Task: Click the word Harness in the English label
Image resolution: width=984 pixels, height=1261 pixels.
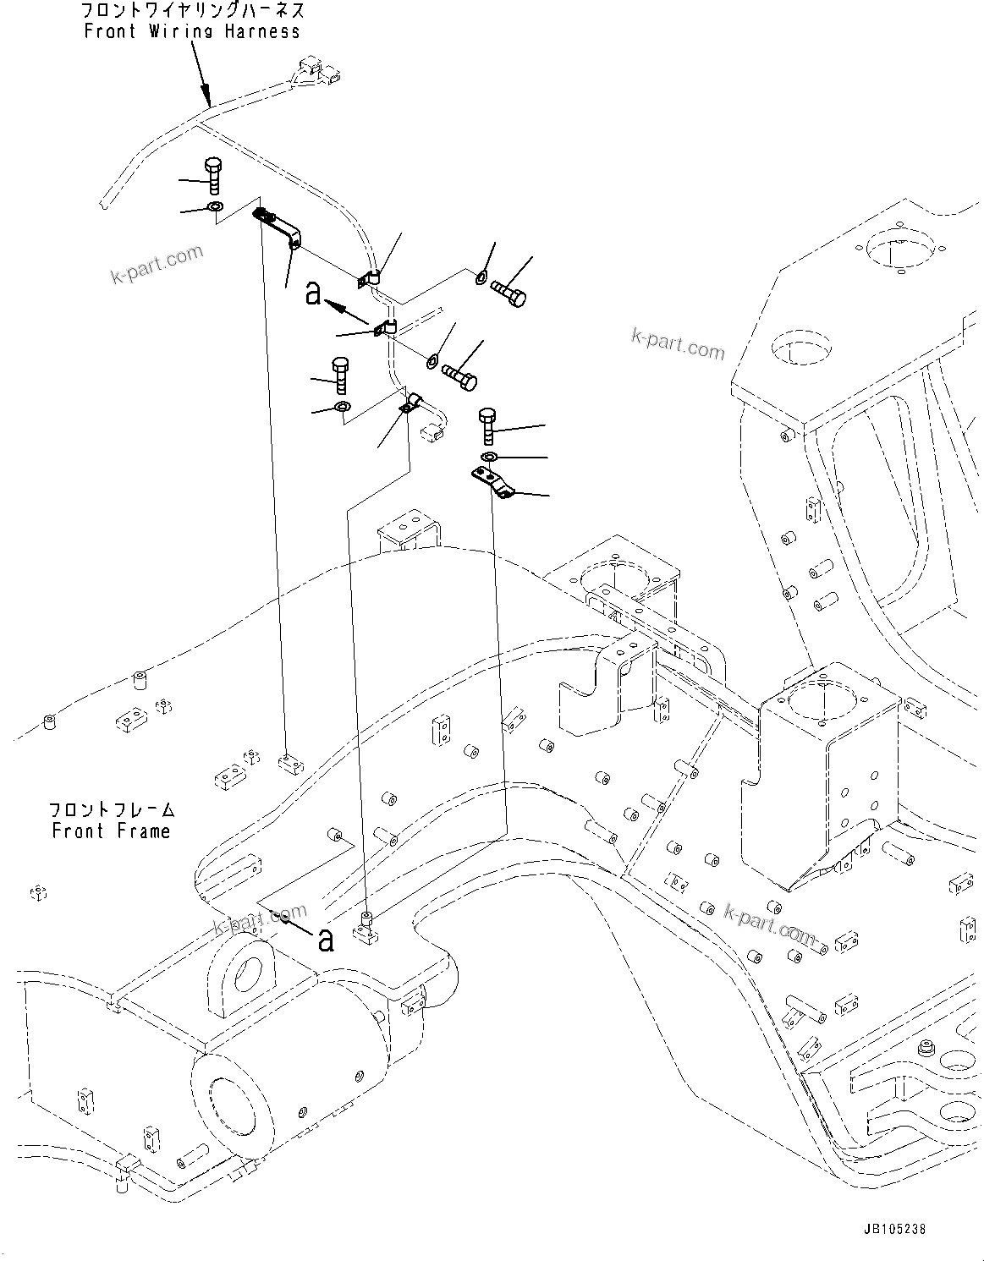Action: [261, 31]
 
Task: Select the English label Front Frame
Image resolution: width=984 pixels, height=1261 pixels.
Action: [111, 831]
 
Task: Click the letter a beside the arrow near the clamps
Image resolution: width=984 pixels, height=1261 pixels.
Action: [314, 293]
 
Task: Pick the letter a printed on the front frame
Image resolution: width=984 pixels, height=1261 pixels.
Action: [326, 939]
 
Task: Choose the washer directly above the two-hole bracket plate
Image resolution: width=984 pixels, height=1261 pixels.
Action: [488, 458]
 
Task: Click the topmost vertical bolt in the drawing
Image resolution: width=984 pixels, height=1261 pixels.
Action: [213, 176]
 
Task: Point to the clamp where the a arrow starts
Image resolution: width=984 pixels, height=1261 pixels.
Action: [384, 327]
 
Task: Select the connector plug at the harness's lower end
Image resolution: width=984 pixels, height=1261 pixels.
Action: [432, 432]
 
